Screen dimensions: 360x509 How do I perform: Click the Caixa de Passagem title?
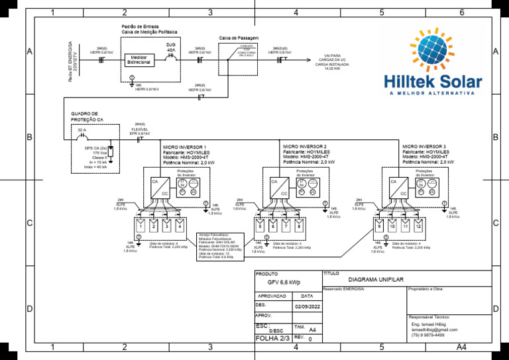(x=238, y=38)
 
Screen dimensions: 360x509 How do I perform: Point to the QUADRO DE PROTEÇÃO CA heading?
(x=87, y=117)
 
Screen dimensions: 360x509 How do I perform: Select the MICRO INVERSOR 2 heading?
(x=305, y=145)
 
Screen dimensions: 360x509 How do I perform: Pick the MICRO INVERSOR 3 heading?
(x=424, y=145)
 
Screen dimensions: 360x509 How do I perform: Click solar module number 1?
(x=141, y=226)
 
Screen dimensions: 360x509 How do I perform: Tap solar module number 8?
(x=299, y=226)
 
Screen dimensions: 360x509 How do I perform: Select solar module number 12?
(x=418, y=226)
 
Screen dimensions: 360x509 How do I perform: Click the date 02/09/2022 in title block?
(x=307, y=307)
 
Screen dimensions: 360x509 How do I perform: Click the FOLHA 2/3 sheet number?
(x=272, y=339)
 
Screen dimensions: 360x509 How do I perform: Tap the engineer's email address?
(x=434, y=330)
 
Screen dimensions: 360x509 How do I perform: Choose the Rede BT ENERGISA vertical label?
(x=72, y=61)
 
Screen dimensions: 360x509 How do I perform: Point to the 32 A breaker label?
(x=82, y=129)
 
